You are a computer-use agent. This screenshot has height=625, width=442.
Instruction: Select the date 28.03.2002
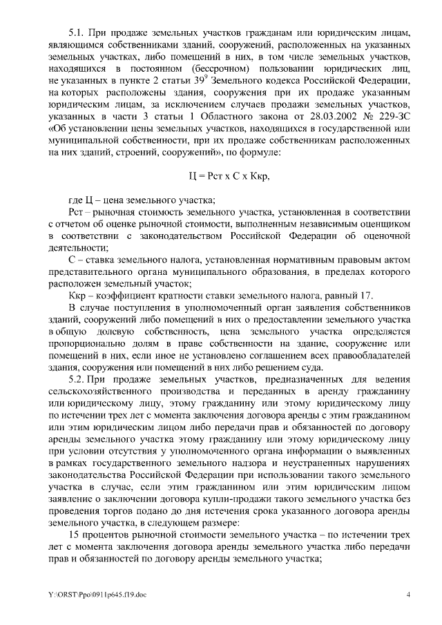[320, 115]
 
